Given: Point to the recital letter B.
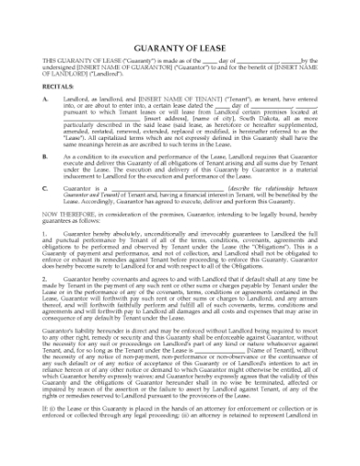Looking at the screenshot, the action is [46, 157].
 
